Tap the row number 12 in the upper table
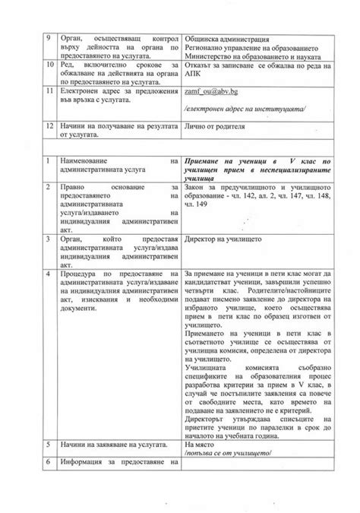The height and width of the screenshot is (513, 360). [50, 122]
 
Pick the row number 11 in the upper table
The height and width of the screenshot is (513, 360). [50, 90]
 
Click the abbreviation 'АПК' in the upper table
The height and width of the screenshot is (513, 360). [194, 76]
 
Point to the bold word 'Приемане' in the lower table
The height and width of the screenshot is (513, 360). [205, 162]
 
